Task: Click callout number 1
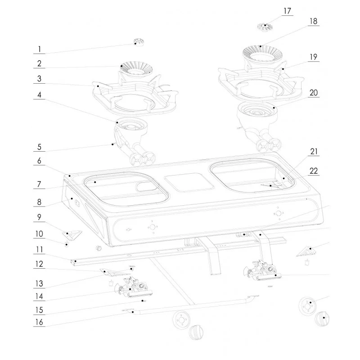click(39, 49)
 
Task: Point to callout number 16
click(39, 322)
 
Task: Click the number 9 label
click(39, 217)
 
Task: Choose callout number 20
click(313, 93)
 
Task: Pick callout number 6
click(39, 161)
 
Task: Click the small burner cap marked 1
click(139, 42)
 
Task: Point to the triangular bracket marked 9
click(72, 234)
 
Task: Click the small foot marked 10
click(67, 245)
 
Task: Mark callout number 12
click(39, 264)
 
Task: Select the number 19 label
click(313, 57)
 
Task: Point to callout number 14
click(39, 297)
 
